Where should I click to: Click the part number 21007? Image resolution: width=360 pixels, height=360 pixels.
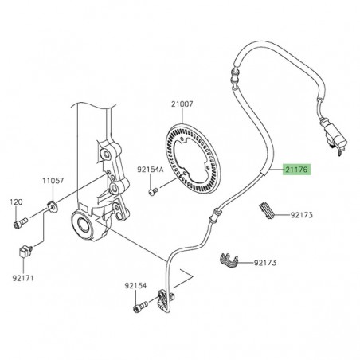[x=182, y=104]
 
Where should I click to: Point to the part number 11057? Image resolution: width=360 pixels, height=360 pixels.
[x=53, y=182]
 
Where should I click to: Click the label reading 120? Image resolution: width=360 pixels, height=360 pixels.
[x=16, y=202]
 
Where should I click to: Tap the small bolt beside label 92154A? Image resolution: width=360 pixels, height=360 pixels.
[x=154, y=190]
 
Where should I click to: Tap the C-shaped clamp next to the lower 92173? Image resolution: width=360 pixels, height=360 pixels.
[x=228, y=260]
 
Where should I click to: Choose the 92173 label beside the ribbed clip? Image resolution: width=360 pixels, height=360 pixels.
[x=302, y=214]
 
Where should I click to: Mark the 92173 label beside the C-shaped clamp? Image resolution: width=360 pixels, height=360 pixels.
[x=268, y=262]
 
